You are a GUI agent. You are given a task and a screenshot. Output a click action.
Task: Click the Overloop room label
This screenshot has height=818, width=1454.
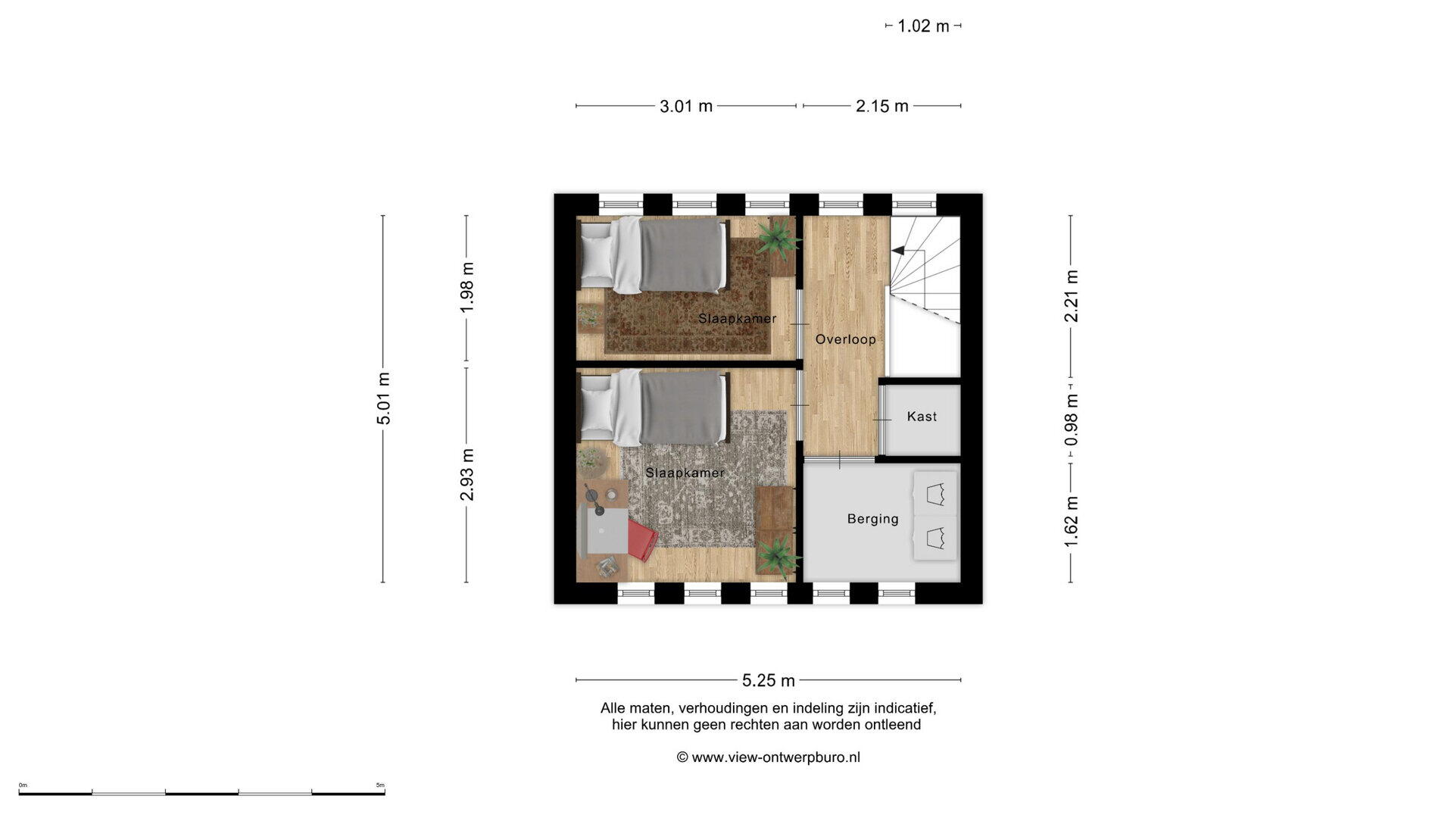pos(845,339)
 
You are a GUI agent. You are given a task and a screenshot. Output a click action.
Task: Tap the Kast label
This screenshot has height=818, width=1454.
pos(922,417)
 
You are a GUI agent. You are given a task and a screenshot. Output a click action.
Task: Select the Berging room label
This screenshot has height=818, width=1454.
pos(872,519)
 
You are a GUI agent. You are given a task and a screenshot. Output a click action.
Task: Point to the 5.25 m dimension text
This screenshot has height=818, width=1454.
pos(769,680)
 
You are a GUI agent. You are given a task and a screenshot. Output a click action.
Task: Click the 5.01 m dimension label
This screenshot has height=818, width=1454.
pos(384,398)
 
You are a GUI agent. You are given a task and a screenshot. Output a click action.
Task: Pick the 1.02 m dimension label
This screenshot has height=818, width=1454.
pos(923,26)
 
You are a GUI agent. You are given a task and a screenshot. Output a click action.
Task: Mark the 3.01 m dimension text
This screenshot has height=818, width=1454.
pos(686,106)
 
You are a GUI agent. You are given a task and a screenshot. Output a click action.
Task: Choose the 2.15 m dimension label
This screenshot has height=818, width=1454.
pos(882,106)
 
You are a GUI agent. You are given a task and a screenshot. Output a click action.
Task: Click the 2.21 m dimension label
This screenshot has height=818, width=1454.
pos(1071,296)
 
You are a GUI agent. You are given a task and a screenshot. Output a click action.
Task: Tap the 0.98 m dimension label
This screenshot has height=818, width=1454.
pos(1071,420)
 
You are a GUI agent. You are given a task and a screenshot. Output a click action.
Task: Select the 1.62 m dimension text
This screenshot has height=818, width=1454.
pos(1071,522)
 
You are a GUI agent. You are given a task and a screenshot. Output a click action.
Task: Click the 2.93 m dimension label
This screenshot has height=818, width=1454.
pos(466,474)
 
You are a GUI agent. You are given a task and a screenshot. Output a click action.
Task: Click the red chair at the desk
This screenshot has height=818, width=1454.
pos(641,539)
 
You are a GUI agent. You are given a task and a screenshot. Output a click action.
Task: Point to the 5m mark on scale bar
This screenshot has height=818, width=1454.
pos(380,785)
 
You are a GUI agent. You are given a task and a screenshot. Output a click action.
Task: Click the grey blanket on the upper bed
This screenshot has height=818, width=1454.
pos(682,255)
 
